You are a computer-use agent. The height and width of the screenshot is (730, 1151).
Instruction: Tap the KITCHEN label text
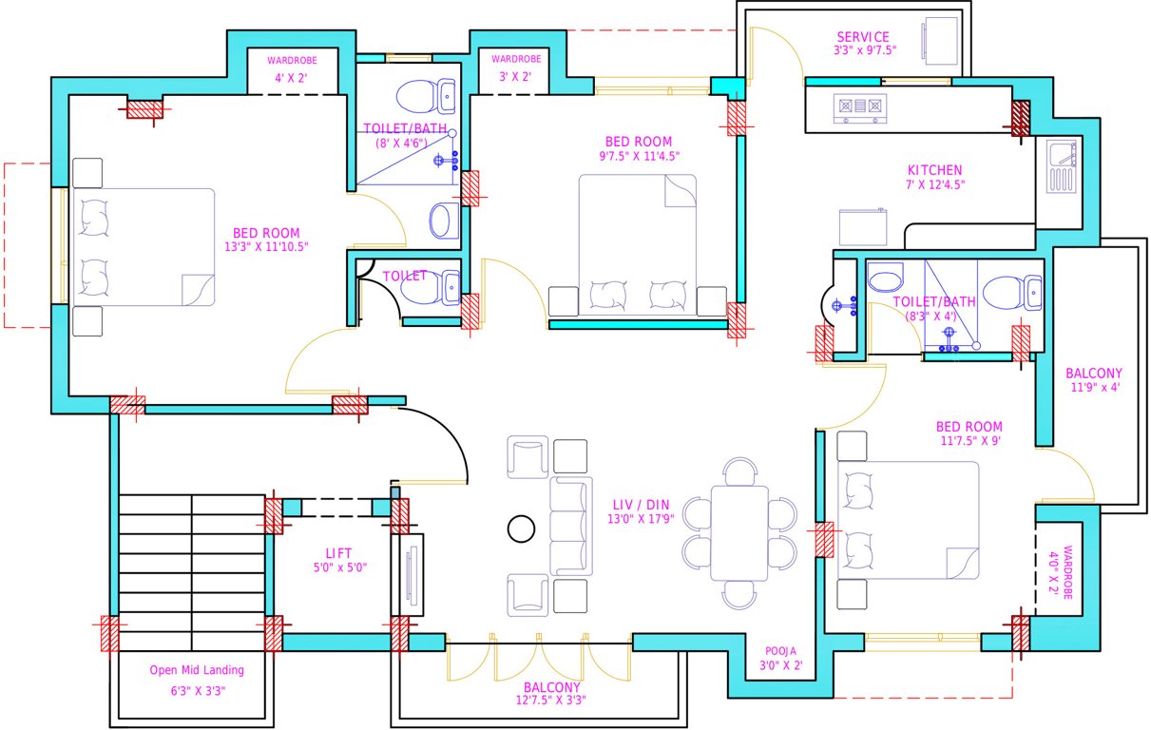[x=933, y=170]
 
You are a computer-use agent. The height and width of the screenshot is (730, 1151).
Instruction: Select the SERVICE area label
[x=863, y=37]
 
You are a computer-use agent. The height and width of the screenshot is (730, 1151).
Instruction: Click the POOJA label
[x=780, y=652]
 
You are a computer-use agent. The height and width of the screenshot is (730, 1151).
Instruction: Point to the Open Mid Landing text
[x=197, y=670]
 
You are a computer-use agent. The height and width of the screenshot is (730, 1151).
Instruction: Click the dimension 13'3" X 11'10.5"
[x=265, y=247]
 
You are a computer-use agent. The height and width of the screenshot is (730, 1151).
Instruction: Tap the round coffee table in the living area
[x=521, y=528]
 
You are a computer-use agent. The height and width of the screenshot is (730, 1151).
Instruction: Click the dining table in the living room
[x=740, y=532]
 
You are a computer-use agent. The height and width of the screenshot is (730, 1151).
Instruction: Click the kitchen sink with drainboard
[x=1061, y=166]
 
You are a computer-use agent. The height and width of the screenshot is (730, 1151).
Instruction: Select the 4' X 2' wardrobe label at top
[x=292, y=77]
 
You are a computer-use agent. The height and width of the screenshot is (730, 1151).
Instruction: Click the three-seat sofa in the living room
[x=570, y=527]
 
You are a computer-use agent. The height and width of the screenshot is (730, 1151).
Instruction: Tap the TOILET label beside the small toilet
[x=405, y=276]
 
